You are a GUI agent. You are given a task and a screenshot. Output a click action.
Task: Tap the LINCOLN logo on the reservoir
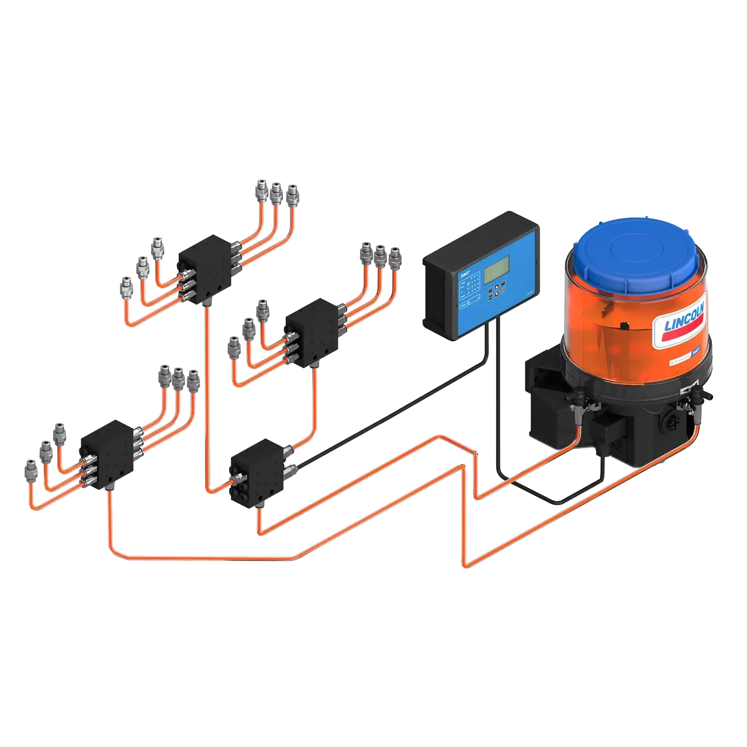point(684,325)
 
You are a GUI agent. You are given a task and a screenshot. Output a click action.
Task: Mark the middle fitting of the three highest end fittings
point(275,191)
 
